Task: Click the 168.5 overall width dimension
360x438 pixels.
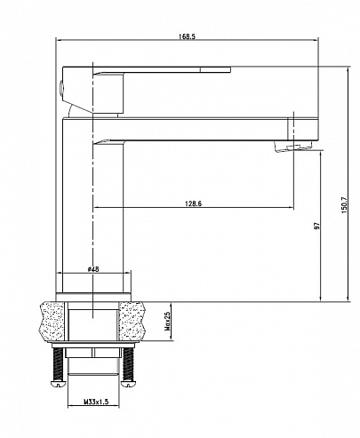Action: pos(187,36)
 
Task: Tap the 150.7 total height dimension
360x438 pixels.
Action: pos(344,204)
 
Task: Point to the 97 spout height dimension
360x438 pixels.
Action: pos(317,226)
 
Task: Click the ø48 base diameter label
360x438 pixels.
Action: pos(93,269)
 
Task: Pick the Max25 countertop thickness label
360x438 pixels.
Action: pos(167,321)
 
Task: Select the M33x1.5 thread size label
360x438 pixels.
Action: pos(96,402)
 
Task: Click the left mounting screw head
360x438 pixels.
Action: pos(58,384)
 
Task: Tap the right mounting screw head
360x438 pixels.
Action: pos(128,384)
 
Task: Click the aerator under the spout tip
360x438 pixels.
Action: pos(293,147)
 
